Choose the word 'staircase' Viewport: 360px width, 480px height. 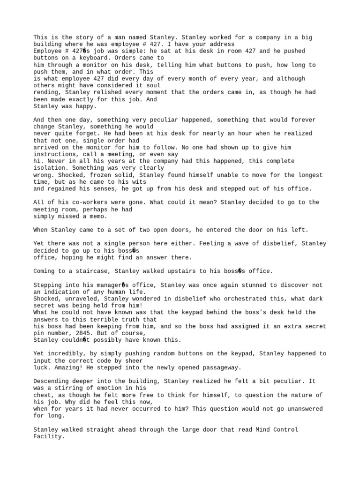[x=89, y=271]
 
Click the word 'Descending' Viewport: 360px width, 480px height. [x=51, y=382]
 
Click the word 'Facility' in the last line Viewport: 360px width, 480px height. [x=47, y=436]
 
